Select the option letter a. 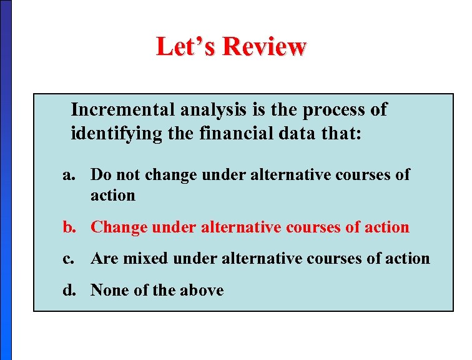tap(68, 175)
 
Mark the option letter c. tap(68, 259)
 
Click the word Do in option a tap(100, 174)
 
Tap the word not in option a tap(125, 175)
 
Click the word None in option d tap(107, 290)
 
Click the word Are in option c tap(103, 258)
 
